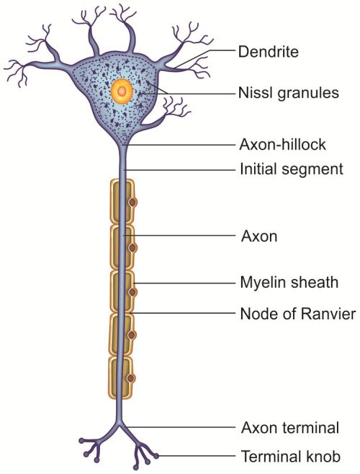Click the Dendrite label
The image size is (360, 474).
tap(268, 51)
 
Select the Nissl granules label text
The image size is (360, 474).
tap(288, 93)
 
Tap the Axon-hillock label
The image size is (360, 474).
tap(282, 145)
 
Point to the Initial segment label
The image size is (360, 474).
tap(292, 169)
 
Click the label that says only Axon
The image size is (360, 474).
tap(259, 236)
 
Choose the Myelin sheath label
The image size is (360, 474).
tap(289, 283)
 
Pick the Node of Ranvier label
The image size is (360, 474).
tap(297, 314)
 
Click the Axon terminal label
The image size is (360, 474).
tap(290, 428)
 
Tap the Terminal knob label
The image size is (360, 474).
tap(291, 456)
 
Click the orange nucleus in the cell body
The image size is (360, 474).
tap(121, 91)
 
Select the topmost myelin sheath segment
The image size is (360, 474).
tap(121, 201)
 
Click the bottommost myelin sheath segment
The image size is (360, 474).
tap(121, 378)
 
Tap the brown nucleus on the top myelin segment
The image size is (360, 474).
tap(132, 203)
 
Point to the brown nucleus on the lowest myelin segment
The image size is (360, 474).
tap(131, 378)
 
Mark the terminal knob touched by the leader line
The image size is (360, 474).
tap(156, 455)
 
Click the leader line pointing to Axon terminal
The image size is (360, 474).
tap(180, 427)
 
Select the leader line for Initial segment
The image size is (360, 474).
tap(180, 170)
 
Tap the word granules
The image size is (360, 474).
tap(308, 94)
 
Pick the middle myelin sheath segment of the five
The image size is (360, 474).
tap(122, 291)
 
